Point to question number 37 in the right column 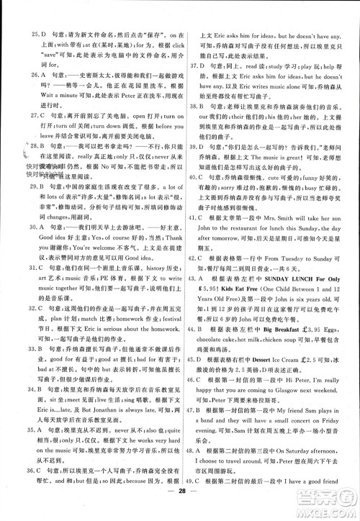coord(192,66)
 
